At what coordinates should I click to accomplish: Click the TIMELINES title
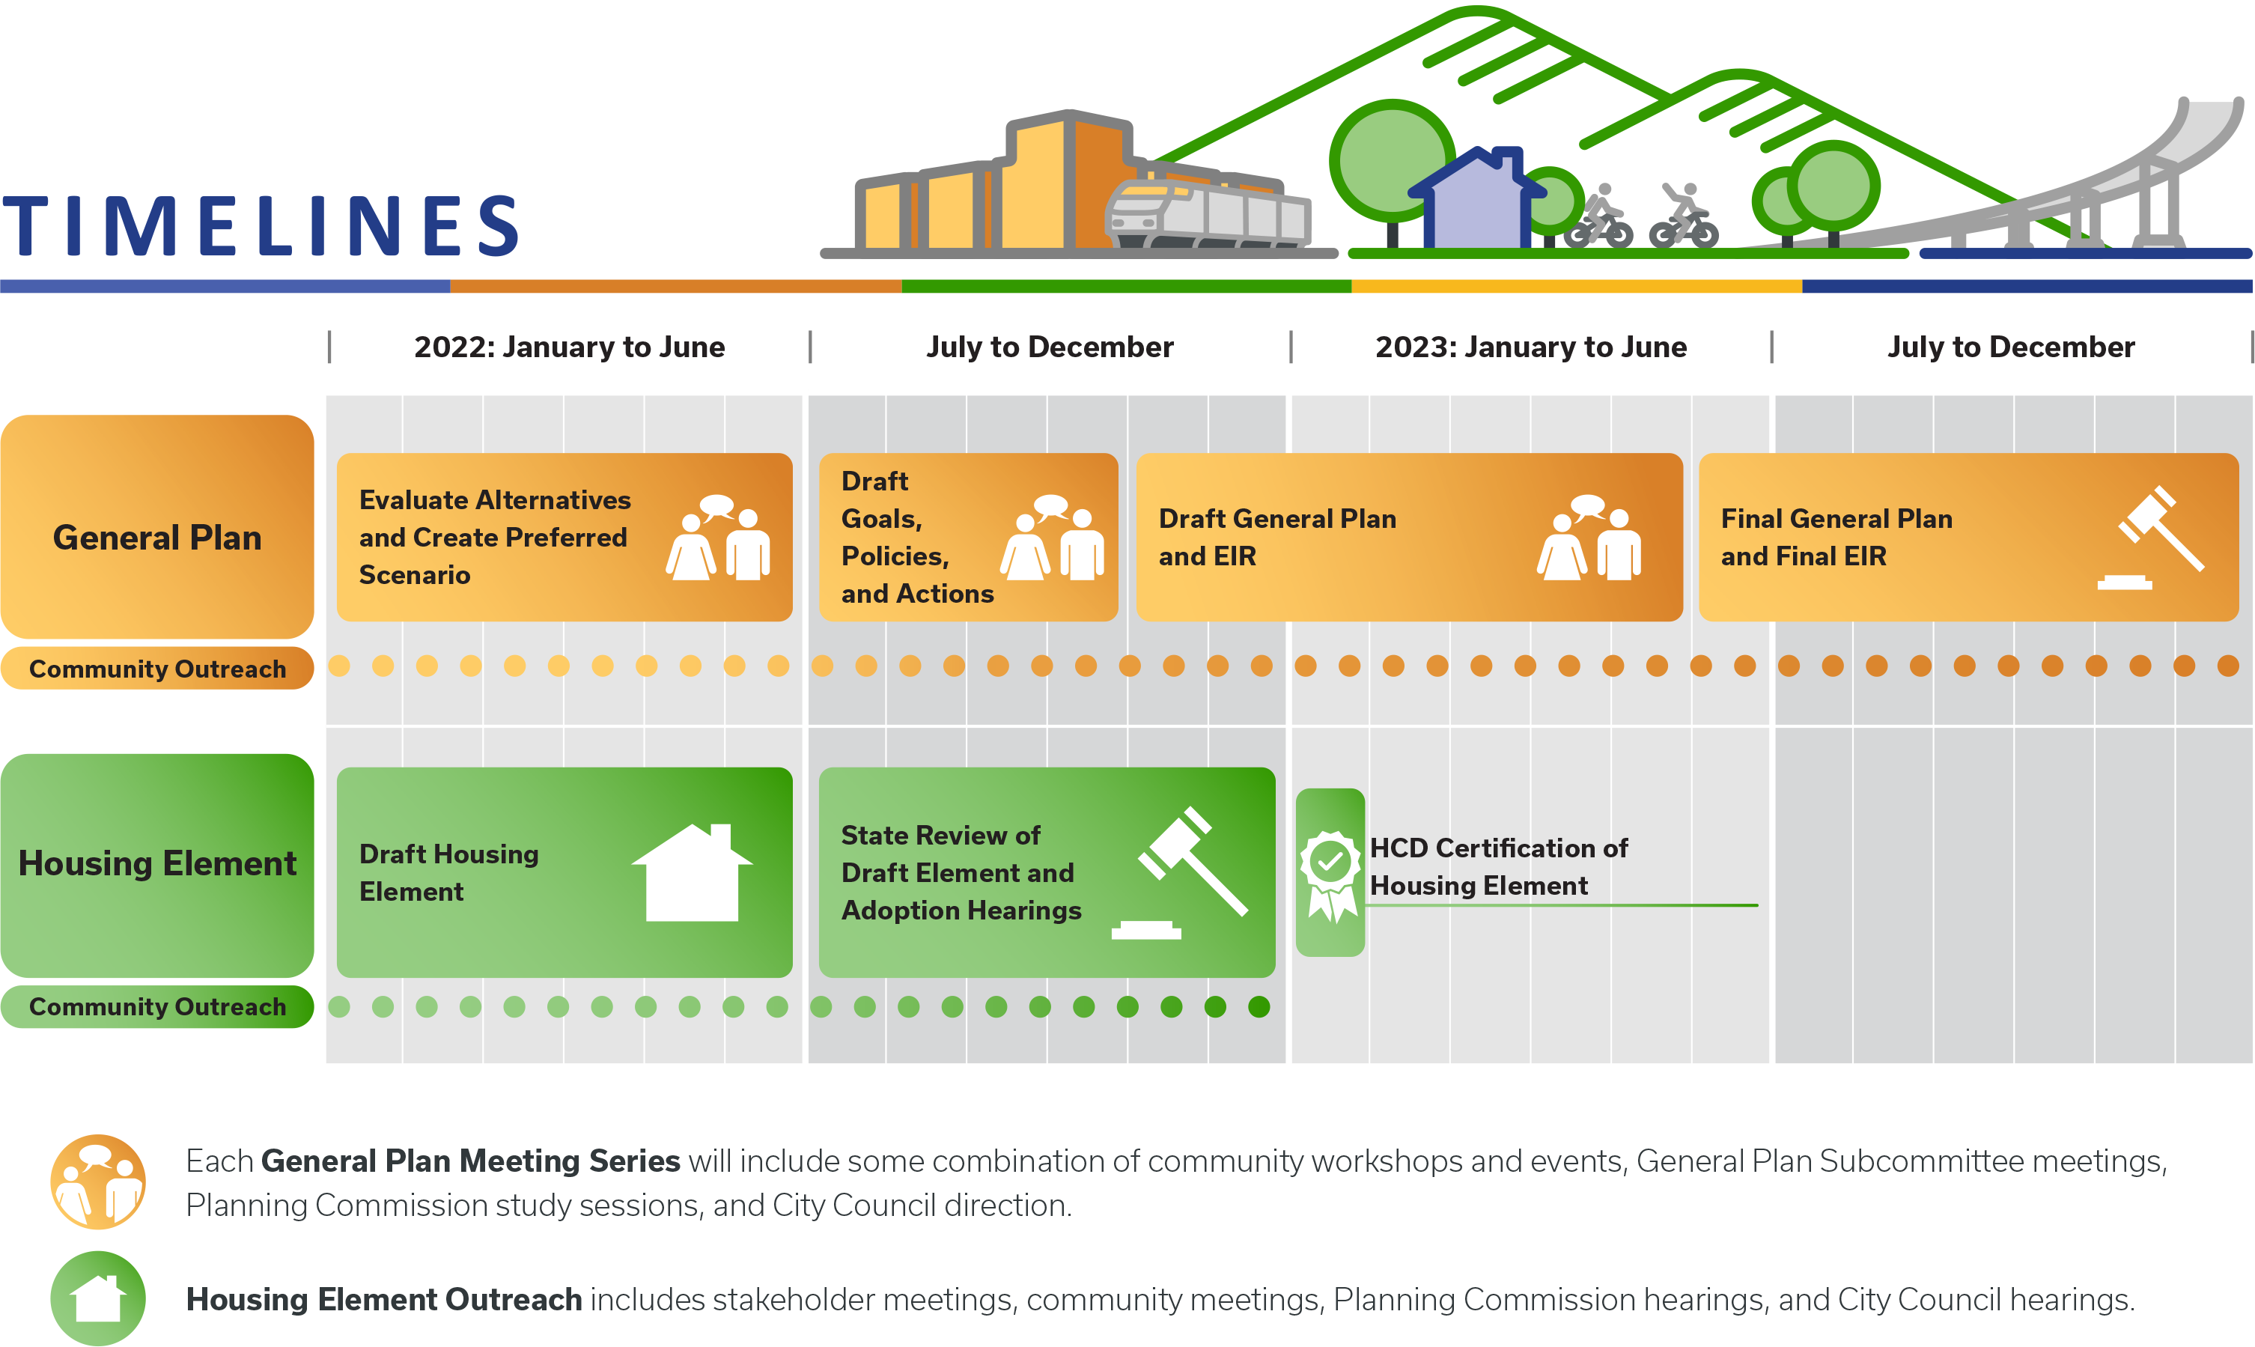pyautogui.click(x=261, y=226)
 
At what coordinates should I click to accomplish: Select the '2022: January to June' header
pyautogui.click(x=569, y=347)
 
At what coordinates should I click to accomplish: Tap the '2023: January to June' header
pyautogui.click(x=1530, y=347)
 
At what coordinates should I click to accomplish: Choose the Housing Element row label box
pyautogui.click(x=157, y=864)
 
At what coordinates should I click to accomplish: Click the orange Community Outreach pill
pyautogui.click(x=157, y=669)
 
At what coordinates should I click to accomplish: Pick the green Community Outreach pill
pyautogui.click(x=157, y=1006)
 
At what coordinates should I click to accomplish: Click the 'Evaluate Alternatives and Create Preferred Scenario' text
pyautogui.click(x=495, y=538)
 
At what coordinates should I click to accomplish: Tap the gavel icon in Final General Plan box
pyautogui.click(x=2152, y=538)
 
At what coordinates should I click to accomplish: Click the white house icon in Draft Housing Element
pyautogui.click(x=692, y=873)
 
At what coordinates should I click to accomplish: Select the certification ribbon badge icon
pyautogui.click(x=1330, y=872)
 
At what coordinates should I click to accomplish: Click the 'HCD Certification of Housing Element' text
pyautogui.click(x=1497, y=867)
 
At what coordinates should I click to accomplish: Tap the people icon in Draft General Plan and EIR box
pyautogui.click(x=1588, y=538)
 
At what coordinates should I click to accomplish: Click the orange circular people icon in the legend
pyautogui.click(x=98, y=1182)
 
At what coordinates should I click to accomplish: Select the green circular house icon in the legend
pyautogui.click(x=98, y=1298)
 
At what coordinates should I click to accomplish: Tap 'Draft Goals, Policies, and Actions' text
pyautogui.click(x=916, y=538)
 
